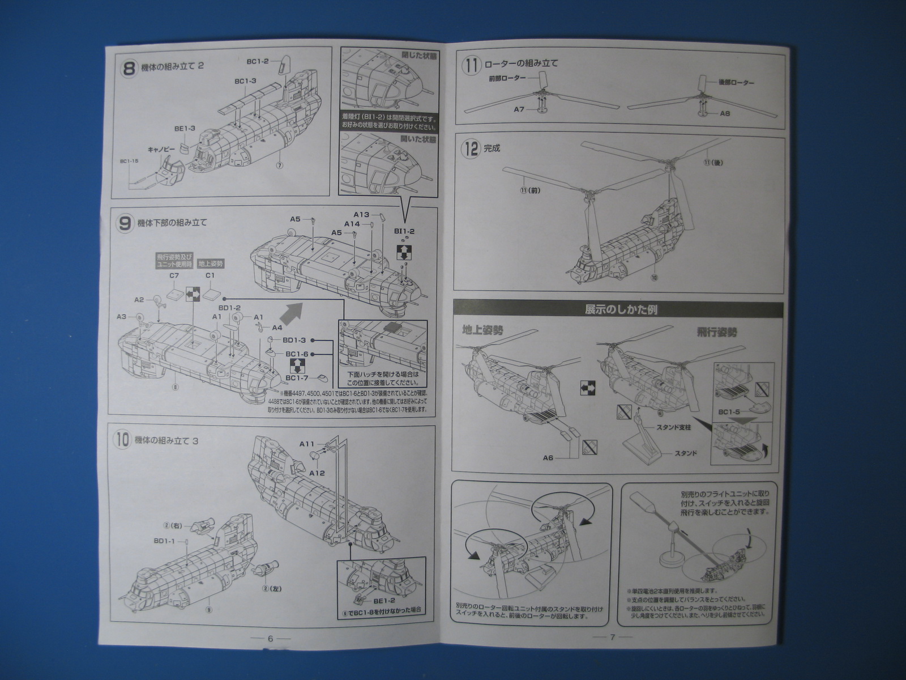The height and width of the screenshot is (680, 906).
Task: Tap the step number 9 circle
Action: (125, 223)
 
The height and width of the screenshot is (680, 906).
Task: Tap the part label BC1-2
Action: (258, 61)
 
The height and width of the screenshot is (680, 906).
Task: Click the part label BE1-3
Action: (185, 129)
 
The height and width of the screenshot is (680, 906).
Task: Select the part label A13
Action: (361, 215)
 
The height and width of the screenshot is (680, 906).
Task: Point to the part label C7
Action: (174, 275)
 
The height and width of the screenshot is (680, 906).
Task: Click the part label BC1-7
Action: (297, 379)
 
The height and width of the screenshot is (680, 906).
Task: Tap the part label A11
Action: (307, 445)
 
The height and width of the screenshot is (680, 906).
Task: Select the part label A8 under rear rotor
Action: (725, 113)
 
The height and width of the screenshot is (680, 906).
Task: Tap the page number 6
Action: (270, 638)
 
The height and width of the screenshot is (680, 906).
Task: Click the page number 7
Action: (612, 637)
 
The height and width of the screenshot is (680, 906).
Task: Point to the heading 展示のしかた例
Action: (620, 310)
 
